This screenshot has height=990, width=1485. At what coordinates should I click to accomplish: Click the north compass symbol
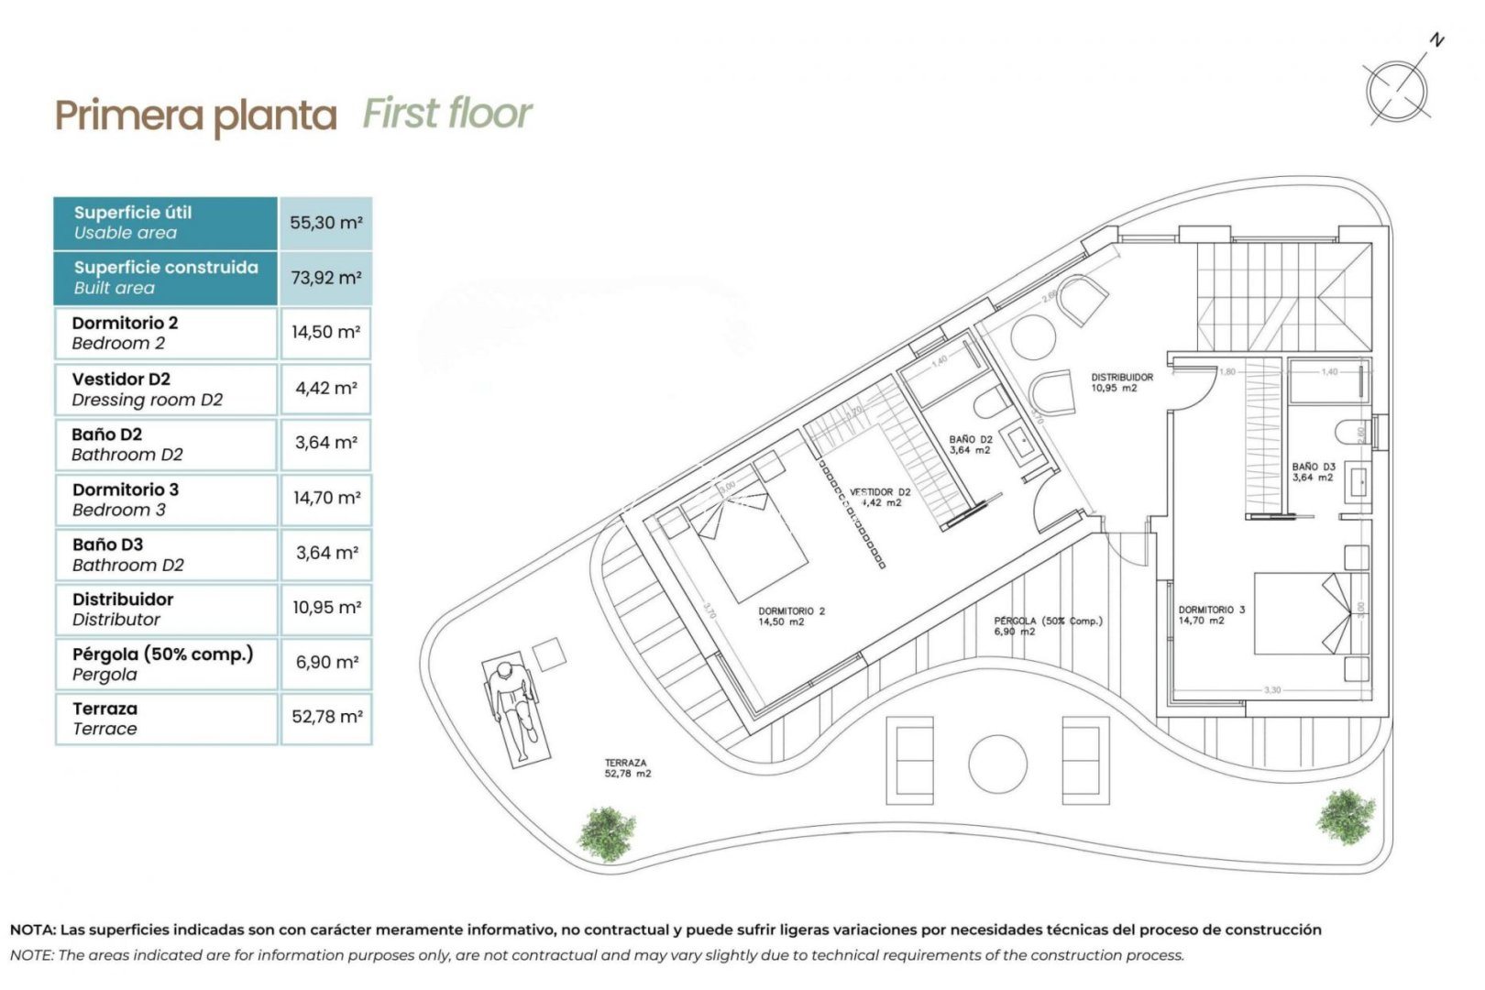pos(1397,90)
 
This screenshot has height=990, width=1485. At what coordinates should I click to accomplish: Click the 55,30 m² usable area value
pos(325,223)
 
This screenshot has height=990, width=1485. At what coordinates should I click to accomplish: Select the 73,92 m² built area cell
pos(325,278)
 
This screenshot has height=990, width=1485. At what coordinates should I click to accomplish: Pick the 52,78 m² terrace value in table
pos(326,717)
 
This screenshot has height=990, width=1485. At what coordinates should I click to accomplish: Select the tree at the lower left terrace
pos(607,831)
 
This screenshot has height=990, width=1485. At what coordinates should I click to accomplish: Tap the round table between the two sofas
pos(997,764)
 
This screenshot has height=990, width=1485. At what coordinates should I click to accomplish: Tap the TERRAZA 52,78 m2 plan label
pos(627,768)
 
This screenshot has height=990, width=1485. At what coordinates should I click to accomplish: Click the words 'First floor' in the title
pos(446,114)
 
